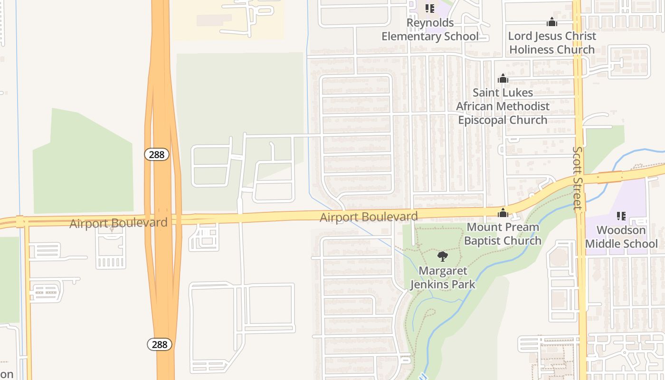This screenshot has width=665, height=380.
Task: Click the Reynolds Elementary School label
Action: pos(430,29)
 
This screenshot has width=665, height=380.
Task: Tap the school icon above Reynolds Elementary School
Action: pos(430,8)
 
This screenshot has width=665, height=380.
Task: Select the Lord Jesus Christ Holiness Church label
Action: pos(551,43)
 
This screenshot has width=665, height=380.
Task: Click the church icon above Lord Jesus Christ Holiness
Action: pos(551,22)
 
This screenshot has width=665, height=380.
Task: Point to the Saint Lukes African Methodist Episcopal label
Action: pos(503,106)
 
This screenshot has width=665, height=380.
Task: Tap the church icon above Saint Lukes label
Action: pos(503,79)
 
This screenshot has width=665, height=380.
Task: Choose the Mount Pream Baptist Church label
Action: pos(503,234)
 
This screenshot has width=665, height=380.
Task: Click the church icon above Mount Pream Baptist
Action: pos(503,213)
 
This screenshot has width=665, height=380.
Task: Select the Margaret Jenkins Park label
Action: pos(443,277)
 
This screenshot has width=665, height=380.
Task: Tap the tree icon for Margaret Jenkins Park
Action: pos(443,257)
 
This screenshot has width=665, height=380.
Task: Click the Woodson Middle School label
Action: pos(621,237)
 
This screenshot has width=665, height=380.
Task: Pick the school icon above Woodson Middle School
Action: pos(621,217)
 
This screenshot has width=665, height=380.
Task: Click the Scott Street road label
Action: pos(577,178)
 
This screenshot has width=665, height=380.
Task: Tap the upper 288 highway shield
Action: pos(157,154)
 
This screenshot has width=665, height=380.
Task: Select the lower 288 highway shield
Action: pos(160,344)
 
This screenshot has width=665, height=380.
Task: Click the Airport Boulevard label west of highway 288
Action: pos(118,223)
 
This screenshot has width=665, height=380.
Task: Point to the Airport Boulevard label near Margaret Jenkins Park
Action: pos(369,217)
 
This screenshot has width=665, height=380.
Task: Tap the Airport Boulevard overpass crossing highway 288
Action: pos(163,220)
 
